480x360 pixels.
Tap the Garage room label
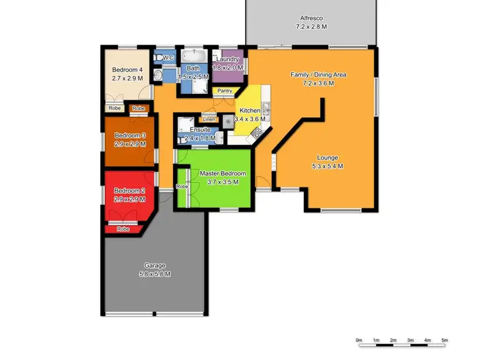tap(154, 265)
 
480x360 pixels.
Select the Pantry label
tap(225, 91)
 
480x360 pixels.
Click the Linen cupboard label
tap(209, 120)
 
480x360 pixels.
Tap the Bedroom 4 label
tap(126, 70)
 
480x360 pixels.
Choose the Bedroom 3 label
tap(130, 136)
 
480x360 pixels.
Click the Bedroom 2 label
tap(130, 191)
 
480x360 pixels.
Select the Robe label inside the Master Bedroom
tap(182, 186)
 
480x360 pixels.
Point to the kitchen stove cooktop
tap(257, 132)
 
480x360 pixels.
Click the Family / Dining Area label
tap(318, 75)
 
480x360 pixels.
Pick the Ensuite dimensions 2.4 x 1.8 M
tap(198, 137)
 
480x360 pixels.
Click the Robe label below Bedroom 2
tap(123, 229)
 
